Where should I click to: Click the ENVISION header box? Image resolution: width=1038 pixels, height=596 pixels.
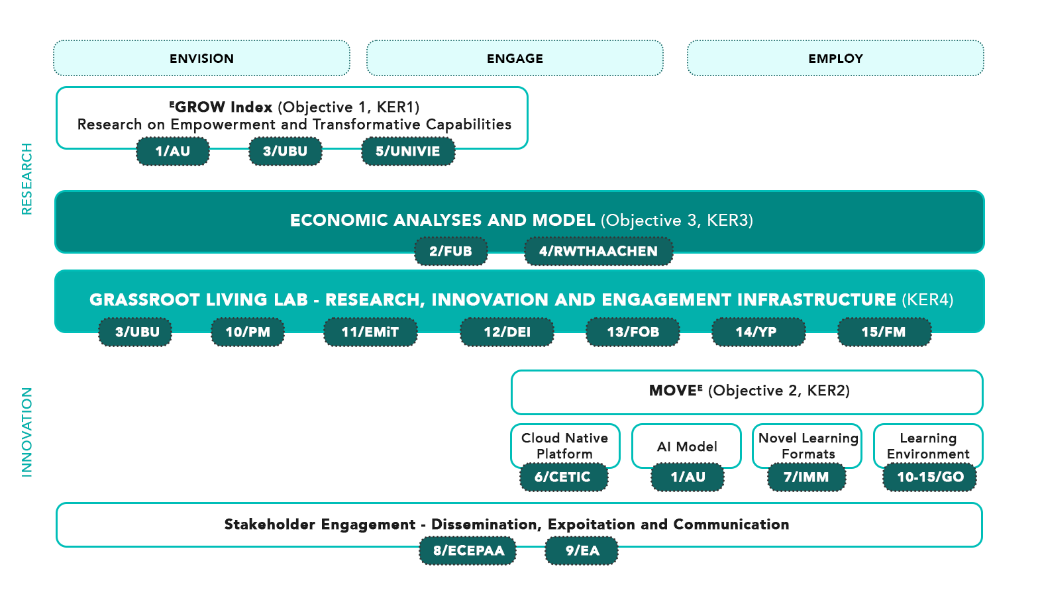201,58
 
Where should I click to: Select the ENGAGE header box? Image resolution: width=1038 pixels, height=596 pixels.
515,58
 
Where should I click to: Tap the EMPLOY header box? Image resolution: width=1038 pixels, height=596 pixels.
835,58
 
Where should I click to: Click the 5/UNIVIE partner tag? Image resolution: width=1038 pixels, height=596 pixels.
408,151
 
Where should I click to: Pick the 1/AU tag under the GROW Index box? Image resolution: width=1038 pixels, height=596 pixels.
173,151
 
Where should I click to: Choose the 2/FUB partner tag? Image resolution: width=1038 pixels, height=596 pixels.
451,251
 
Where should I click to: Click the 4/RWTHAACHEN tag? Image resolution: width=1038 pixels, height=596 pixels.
598,251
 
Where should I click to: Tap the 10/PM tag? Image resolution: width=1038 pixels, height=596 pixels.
248,332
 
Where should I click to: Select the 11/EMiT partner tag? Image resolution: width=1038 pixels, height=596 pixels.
370,332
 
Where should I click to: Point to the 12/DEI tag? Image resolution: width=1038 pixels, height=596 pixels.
507,332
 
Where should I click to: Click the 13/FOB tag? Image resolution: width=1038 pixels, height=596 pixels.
633,332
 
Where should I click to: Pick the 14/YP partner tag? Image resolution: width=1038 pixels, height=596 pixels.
758,332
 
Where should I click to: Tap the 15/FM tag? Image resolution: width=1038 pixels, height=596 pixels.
884,332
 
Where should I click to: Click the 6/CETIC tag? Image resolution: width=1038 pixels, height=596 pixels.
564,477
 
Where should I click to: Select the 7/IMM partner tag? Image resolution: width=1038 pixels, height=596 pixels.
806,477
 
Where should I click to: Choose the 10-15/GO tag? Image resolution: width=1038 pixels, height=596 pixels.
929,477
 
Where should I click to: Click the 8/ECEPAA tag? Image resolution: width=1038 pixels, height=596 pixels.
468,550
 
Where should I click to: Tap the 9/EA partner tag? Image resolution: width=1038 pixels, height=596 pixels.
582,550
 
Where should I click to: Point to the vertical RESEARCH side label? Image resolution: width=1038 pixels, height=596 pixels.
27,179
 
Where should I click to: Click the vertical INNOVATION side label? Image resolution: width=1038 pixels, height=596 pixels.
27,432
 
